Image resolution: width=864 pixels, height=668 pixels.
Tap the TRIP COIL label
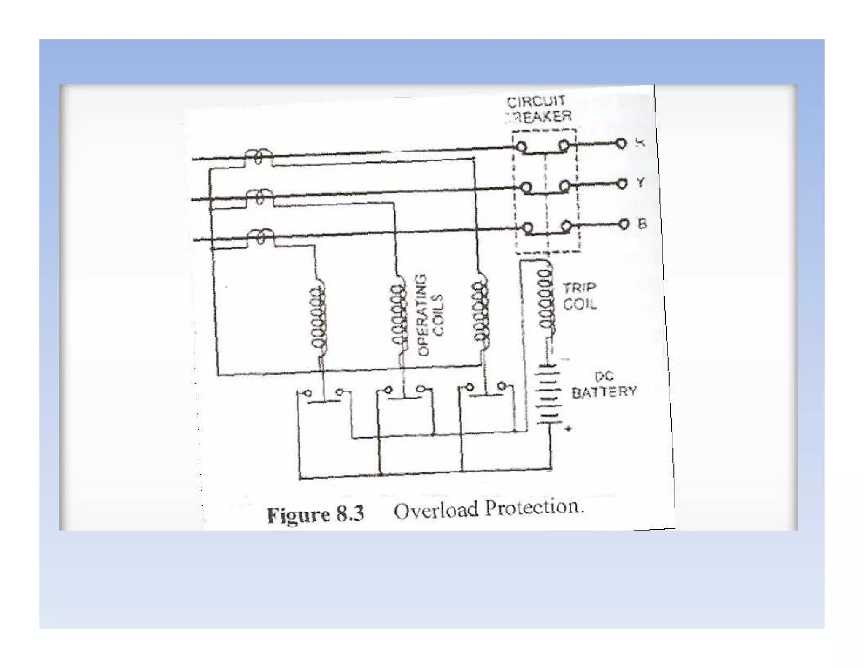[x=580, y=296]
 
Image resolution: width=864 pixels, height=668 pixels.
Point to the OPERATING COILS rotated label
[x=430, y=315]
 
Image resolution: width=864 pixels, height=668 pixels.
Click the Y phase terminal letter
[x=640, y=183]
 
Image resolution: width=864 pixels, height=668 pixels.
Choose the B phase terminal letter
[x=642, y=223]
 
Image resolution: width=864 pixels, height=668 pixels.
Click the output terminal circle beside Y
[x=622, y=184]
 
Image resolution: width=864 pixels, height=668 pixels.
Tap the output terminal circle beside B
[x=624, y=224]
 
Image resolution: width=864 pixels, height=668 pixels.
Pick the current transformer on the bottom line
[x=261, y=236]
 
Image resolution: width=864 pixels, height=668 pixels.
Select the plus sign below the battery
[x=568, y=429]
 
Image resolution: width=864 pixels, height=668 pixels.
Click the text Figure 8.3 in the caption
[x=316, y=514]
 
